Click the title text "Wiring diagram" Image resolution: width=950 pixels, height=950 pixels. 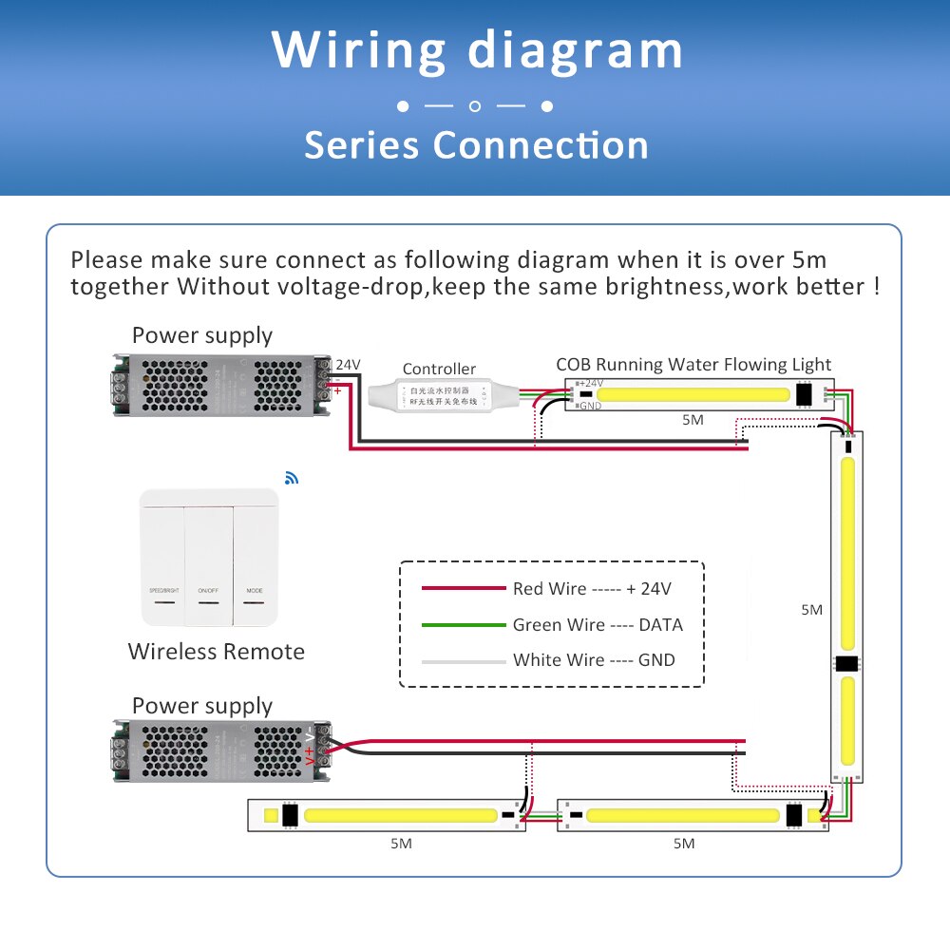click(477, 50)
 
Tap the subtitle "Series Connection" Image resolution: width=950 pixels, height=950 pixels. click(476, 145)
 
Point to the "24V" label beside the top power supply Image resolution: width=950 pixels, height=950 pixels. click(348, 365)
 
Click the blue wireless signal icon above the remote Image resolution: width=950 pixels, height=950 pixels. click(290, 478)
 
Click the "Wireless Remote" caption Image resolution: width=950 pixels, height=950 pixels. click(217, 652)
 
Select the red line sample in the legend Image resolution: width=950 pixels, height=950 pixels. click(463, 589)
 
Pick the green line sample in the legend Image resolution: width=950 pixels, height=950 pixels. click(463, 625)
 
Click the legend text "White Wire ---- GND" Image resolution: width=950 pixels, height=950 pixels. click(594, 660)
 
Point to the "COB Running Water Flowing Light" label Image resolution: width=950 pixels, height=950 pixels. click(693, 365)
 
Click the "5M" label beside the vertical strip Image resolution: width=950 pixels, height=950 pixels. click(811, 610)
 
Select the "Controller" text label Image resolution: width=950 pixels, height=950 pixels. click(439, 369)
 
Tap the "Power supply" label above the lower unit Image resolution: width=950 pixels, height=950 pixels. click(202, 706)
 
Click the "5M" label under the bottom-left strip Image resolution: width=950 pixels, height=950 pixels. click(401, 843)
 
